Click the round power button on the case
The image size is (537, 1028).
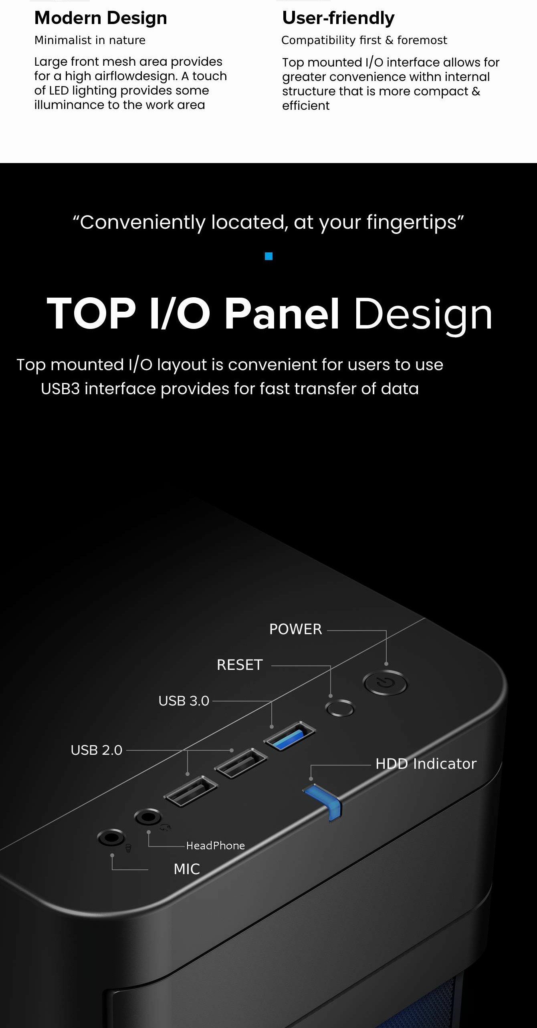pos(385,683)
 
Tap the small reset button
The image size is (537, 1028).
pos(340,708)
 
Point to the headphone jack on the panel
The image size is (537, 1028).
pos(148,816)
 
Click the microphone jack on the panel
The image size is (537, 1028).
pos(111,837)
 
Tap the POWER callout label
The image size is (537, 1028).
pos(295,629)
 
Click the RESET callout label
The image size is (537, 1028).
pos(240,665)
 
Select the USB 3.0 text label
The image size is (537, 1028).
pos(184,701)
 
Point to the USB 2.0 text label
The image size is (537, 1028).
pos(96,750)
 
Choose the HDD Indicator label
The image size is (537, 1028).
pos(426,764)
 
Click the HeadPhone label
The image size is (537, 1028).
pos(216,845)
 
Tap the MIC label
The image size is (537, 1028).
pos(187,869)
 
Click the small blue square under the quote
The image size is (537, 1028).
pos(269,256)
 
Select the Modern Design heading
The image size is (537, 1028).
pos(101,18)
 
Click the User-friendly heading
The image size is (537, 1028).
pos(338,18)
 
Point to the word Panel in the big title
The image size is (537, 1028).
pos(282,314)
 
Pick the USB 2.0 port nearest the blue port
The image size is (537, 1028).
pos(241,763)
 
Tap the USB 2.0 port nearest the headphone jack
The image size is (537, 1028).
pos(191,791)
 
